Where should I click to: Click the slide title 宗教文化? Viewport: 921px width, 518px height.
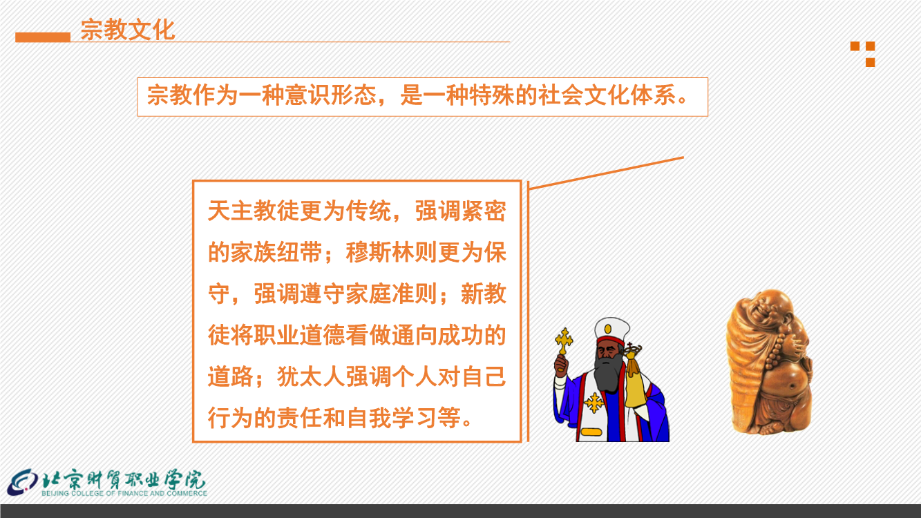pos(128,30)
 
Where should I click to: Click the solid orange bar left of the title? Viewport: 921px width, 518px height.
pos(43,37)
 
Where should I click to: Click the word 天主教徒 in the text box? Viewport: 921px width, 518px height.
pos(254,211)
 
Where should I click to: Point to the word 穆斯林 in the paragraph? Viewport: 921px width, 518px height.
pos(380,252)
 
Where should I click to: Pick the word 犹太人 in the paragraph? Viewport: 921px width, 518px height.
pos(311,376)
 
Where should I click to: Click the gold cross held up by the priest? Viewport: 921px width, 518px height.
pos(564,342)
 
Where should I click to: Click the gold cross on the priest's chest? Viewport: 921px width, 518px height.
pos(594,403)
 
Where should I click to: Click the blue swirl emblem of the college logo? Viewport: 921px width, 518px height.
pos(23,483)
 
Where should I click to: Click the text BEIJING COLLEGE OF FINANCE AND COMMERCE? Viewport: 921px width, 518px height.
pos(124,493)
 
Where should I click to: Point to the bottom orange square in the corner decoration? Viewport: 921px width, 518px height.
pos(871,62)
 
